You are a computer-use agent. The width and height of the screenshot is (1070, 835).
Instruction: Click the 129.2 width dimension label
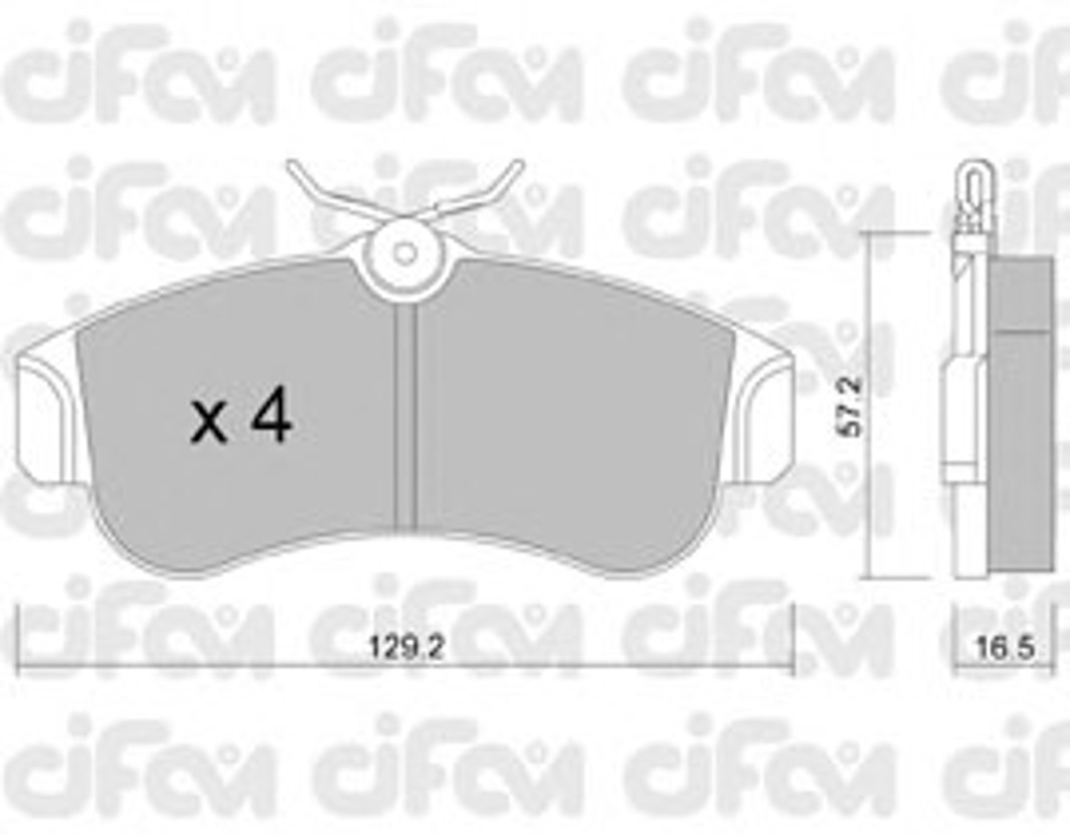click(x=407, y=647)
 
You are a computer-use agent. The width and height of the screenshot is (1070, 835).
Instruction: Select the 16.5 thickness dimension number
click(x=1004, y=647)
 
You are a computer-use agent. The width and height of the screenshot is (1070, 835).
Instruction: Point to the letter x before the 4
click(x=208, y=423)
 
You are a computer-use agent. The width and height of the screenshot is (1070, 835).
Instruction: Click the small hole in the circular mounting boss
click(x=406, y=253)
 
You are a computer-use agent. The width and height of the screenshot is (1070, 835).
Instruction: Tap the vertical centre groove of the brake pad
click(x=406, y=417)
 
